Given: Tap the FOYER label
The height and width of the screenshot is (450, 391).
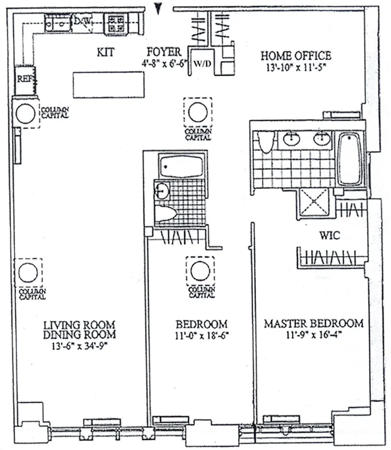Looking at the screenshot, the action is pyautogui.click(x=164, y=52).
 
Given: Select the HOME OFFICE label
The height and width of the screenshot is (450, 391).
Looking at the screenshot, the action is pyautogui.click(x=295, y=55).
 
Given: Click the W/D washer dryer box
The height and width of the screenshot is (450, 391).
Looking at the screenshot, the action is pyautogui.click(x=200, y=64).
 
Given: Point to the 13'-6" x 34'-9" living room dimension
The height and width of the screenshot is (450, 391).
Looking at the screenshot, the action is pyautogui.click(x=79, y=346).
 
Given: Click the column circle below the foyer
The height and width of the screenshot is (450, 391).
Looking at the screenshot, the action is pyautogui.click(x=198, y=112).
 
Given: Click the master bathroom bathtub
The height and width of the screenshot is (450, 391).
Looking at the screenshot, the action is pyautogui.click(x=349, y=159).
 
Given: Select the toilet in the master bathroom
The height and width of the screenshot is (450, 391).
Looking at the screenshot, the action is pyautogui.click(x=265, y=142).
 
